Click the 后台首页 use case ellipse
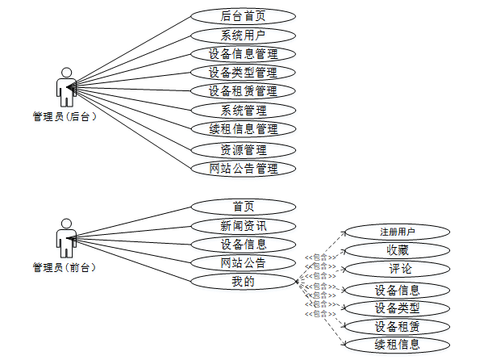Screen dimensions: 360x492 pos(243,15)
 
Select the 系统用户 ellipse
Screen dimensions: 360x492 pos(243,35)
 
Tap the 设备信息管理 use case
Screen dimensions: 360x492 pos(243,54)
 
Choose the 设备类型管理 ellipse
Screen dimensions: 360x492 pos(243,73)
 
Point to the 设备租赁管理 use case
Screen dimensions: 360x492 pos(243,91)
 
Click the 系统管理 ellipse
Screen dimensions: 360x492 pos(243,111)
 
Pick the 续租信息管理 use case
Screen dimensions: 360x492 pos(243,129)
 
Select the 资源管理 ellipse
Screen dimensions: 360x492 pos(243,149)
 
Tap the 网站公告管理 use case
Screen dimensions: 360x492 pos(243,169)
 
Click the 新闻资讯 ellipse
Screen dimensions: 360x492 pos(243,226)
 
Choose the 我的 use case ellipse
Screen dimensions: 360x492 pos(243,282)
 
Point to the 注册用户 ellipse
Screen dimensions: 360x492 pos(397,232)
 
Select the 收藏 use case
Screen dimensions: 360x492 pos(397,250)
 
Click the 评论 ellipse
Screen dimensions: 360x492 pos(397,269)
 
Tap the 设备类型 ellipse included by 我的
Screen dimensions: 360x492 pos(397,308)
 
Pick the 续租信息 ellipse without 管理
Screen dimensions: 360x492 pos(397,345)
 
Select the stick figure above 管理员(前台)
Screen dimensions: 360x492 pos(66,237)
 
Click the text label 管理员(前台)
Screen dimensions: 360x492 pos(65,267)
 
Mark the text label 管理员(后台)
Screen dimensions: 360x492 pos(65,117)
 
